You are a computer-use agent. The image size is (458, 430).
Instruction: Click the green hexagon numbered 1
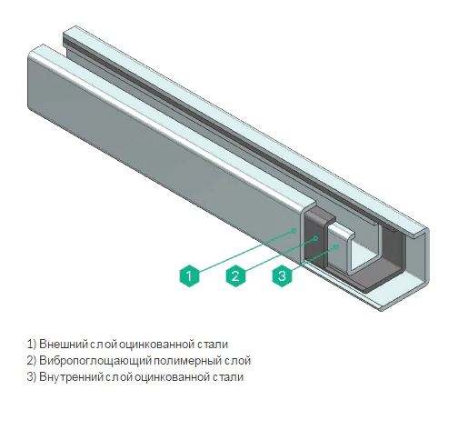189,275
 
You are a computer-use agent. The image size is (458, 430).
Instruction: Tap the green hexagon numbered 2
235,275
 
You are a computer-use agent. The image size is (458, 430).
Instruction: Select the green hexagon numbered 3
282,275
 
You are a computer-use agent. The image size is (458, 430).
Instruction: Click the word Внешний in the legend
64,345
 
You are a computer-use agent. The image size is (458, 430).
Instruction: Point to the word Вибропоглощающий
95,361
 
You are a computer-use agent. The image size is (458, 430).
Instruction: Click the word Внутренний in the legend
72,377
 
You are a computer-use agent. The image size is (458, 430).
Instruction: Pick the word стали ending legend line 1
213,345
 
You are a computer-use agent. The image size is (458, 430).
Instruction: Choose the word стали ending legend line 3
228,377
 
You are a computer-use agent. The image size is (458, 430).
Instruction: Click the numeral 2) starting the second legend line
32,361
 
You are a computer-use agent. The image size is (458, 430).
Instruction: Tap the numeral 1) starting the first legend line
32,345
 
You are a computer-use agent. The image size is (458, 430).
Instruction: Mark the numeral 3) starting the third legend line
32,377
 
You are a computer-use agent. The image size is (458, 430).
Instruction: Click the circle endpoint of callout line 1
294,231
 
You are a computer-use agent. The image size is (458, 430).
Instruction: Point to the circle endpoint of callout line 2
315,238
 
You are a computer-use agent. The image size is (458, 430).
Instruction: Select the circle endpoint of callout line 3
335,247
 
